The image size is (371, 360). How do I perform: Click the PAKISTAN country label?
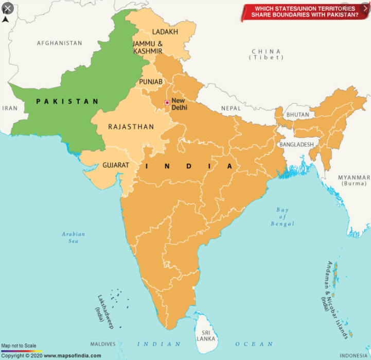67,101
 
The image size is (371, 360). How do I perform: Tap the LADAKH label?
165,32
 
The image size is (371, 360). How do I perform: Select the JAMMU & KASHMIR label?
148,47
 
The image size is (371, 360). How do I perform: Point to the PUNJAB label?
150,82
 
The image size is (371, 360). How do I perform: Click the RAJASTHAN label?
131,127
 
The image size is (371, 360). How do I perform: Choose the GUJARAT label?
115,165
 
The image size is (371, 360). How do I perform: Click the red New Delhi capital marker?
167,103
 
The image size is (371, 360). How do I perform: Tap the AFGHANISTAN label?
59,43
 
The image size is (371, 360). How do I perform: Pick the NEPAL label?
231,108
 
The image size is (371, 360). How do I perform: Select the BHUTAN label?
298,115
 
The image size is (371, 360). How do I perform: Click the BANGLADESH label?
296,145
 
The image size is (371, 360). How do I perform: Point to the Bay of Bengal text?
282,217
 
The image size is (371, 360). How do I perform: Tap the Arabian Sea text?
74,237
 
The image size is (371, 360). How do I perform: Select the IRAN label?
10,108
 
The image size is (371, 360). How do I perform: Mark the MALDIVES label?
103,344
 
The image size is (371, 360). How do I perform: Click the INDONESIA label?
354,355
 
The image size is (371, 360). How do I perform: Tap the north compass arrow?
5,19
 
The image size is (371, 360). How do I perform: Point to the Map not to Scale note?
19,345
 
